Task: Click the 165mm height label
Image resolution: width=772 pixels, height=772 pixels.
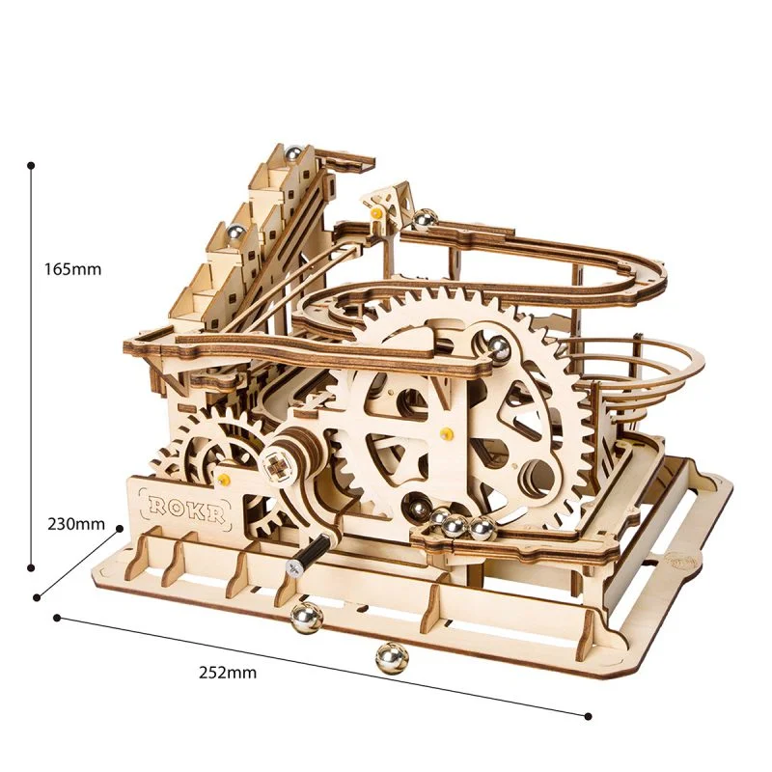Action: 72,268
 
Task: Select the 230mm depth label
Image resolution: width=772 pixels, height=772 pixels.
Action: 76,524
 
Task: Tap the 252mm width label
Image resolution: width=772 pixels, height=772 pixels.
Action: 230,673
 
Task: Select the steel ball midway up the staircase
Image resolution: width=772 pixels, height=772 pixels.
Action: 234,231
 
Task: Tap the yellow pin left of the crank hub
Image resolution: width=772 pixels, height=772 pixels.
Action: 226,479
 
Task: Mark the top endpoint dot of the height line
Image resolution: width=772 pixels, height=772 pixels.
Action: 32,165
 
